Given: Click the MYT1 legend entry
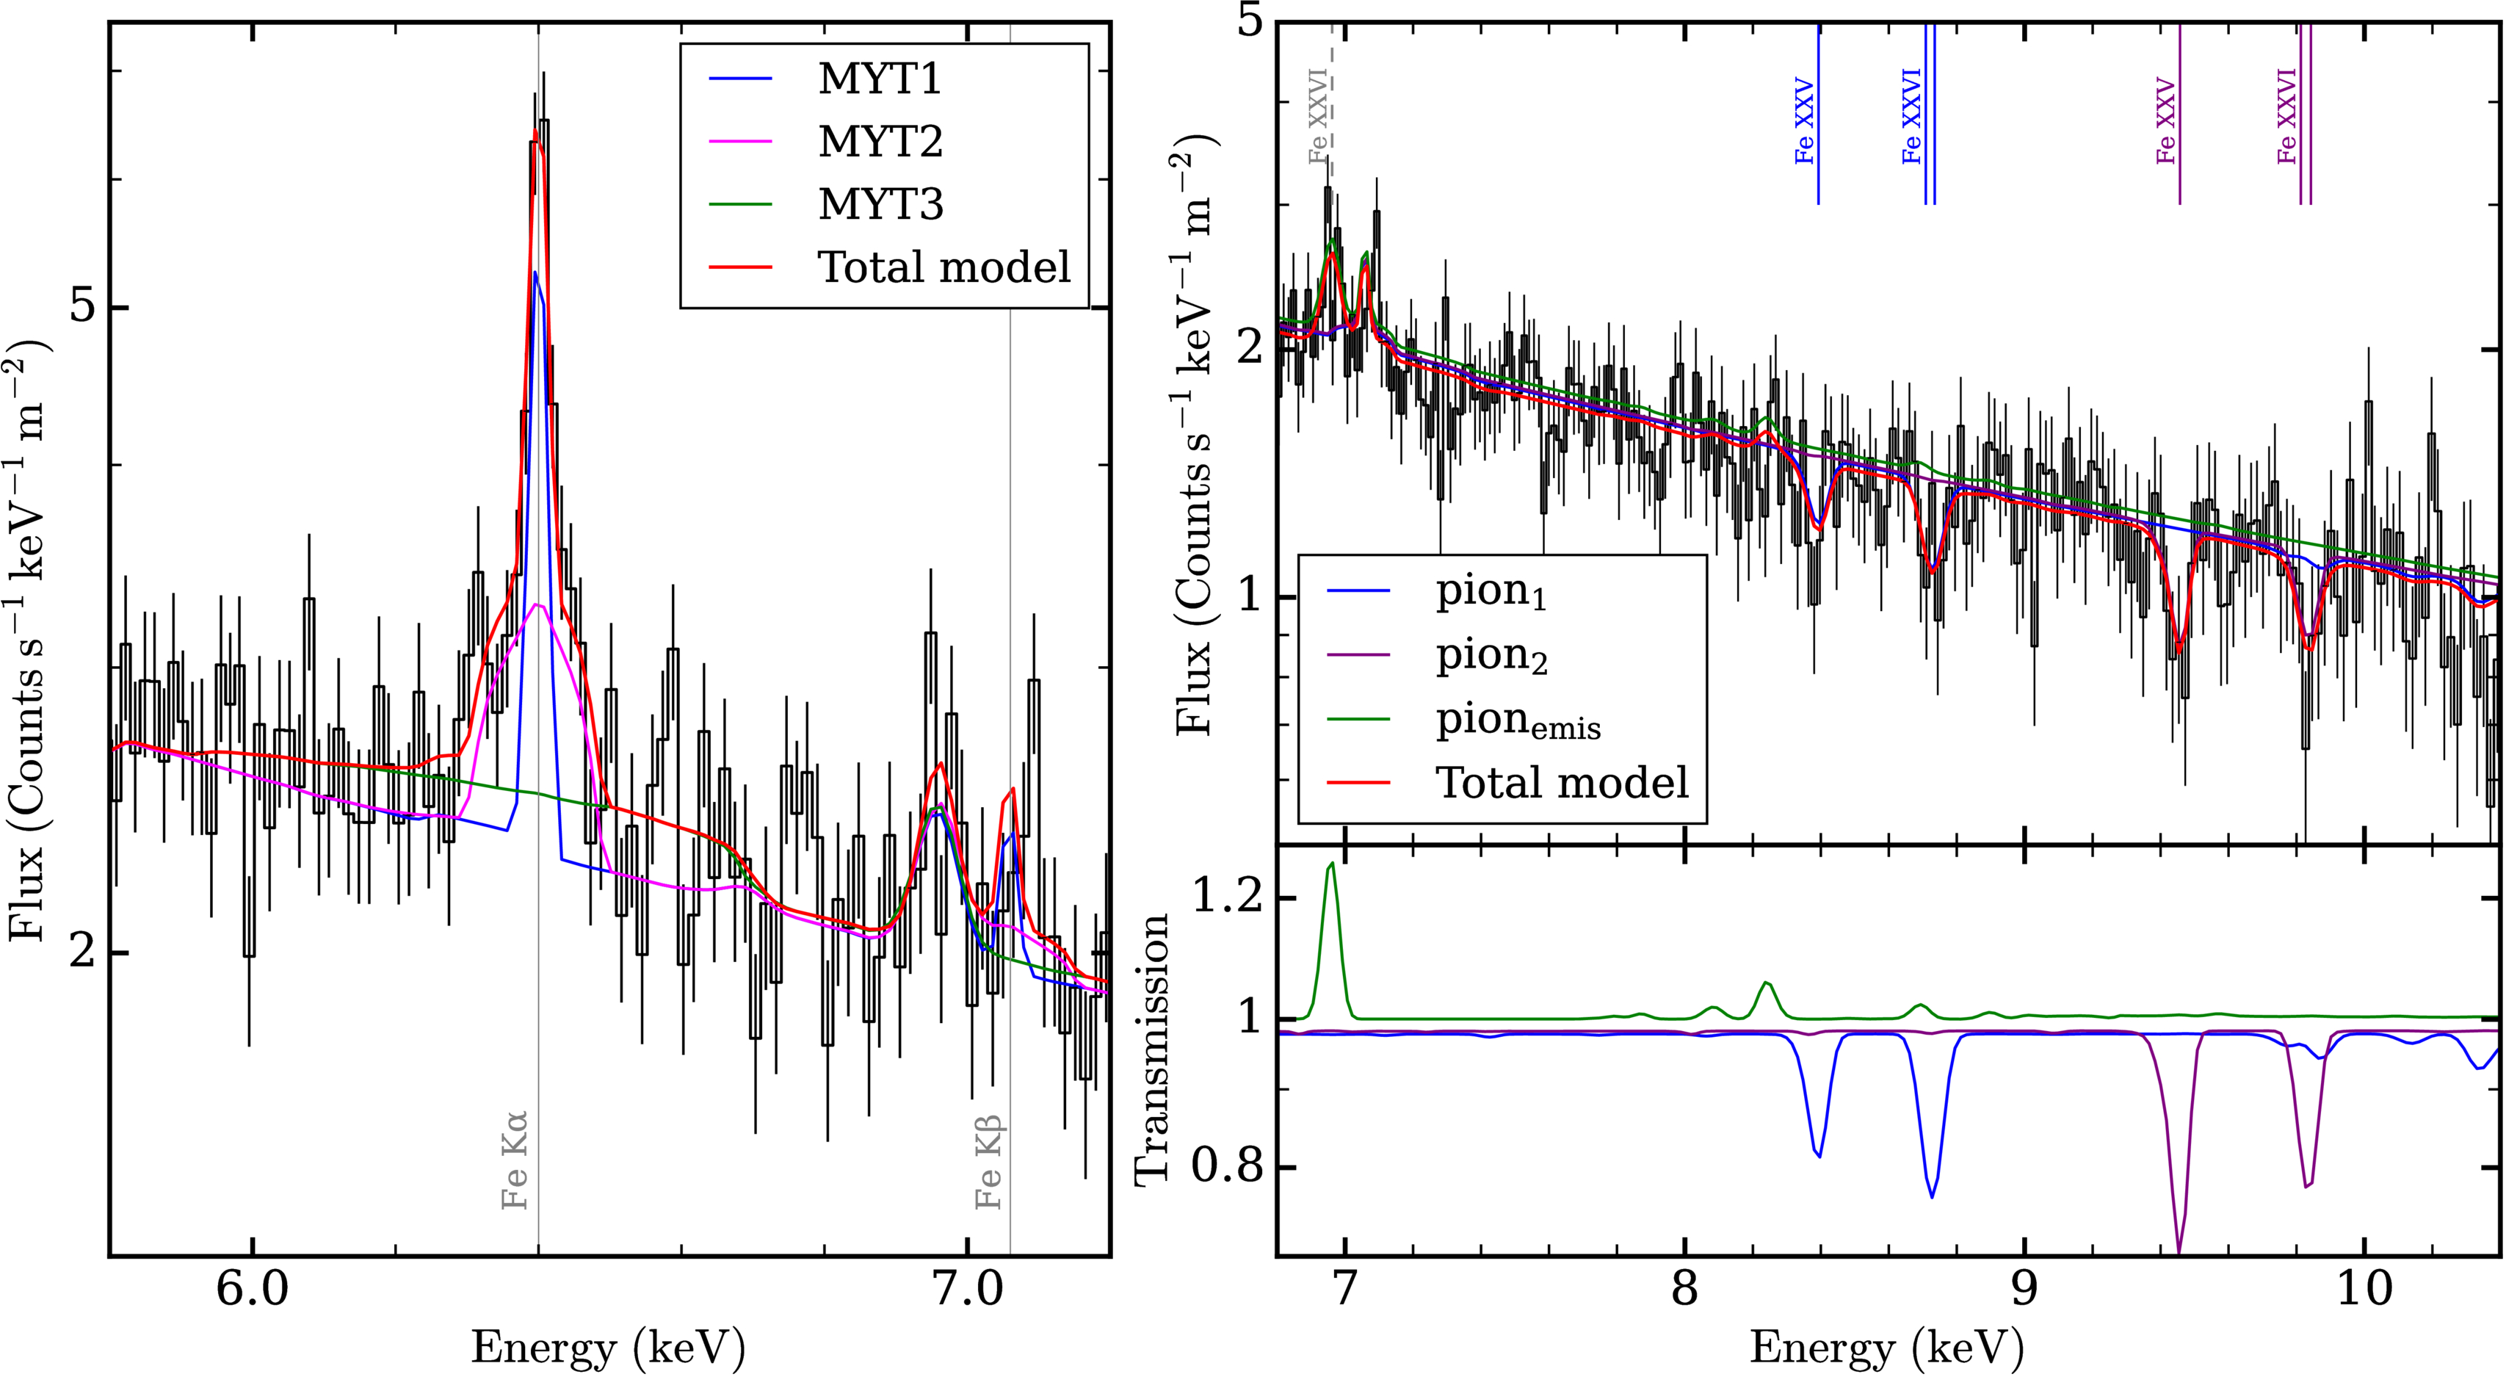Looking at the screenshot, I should point(880,79).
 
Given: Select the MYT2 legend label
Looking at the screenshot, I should point(880,141).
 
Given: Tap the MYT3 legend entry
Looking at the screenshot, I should point(880,204).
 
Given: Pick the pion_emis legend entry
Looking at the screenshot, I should point(1518,720).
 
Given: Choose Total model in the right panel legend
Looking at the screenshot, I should point(1562,782).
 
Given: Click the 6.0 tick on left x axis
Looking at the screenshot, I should point(253,1290).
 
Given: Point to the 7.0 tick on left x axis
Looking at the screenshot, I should point(968,1290).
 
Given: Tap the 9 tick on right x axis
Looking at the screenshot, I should point(2024,1290).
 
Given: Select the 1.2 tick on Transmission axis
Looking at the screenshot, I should point(1225,898).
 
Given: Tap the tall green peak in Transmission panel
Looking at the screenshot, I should point(1330,864).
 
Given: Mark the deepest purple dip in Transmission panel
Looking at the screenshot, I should point(2179,1248).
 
